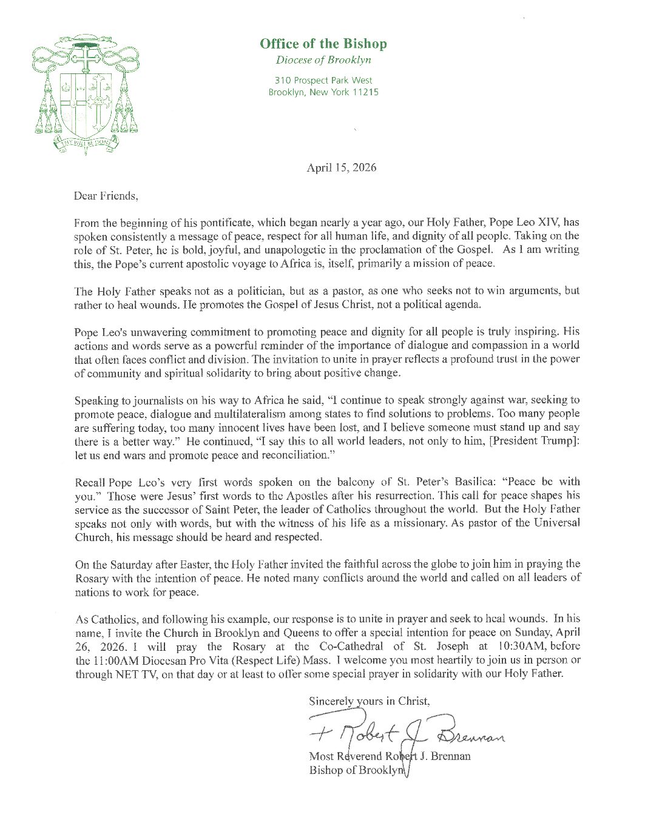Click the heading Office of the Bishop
pyautogui.click(x=323, y=44)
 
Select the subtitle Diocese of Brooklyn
pyautogui.click(x=323, y=60)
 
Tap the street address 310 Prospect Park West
pyautogui.click(x=323, y=80)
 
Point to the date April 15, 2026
pyautogui.click(x=341, y=167)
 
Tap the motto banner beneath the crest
pyautogui.click(x=84, y=143)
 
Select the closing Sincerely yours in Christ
pyautogui.click(x=370, y=701)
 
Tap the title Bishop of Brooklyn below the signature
pyautogui.click(x=357, y=770)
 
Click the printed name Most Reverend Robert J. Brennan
pyautogui.click(x=390, y=756)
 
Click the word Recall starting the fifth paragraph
pyautogui.click(x=90, y=483)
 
